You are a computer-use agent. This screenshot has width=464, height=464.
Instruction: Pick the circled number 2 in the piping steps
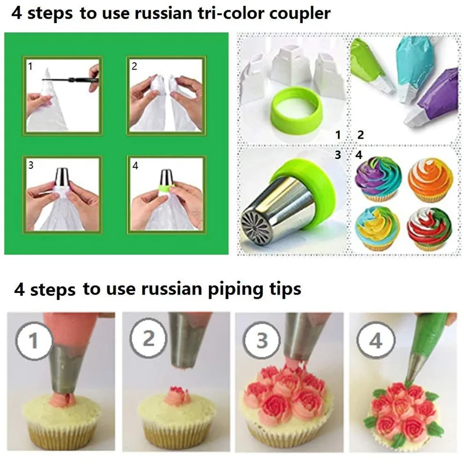tap(149, 339)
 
